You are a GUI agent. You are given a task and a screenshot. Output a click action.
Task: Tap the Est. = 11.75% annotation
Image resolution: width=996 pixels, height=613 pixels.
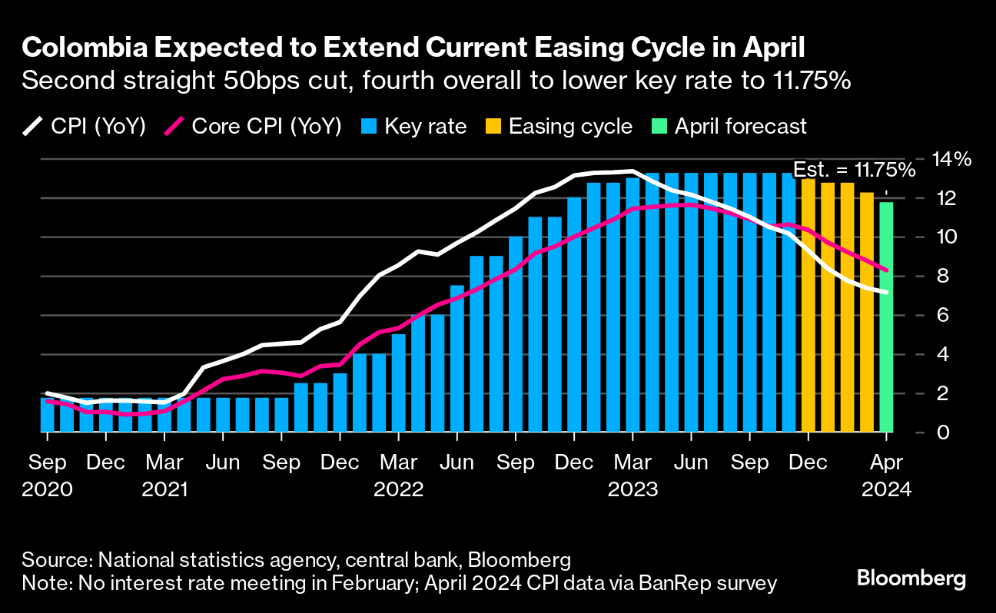[x=854, y=170]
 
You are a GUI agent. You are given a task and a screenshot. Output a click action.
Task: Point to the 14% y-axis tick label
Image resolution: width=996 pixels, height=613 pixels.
[x=952, y=160]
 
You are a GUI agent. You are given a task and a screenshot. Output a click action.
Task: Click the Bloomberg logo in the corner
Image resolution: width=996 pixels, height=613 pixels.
[x=911, y=578]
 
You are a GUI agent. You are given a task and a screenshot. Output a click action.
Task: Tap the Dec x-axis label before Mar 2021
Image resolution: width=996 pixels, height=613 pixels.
[x=106, y=463]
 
